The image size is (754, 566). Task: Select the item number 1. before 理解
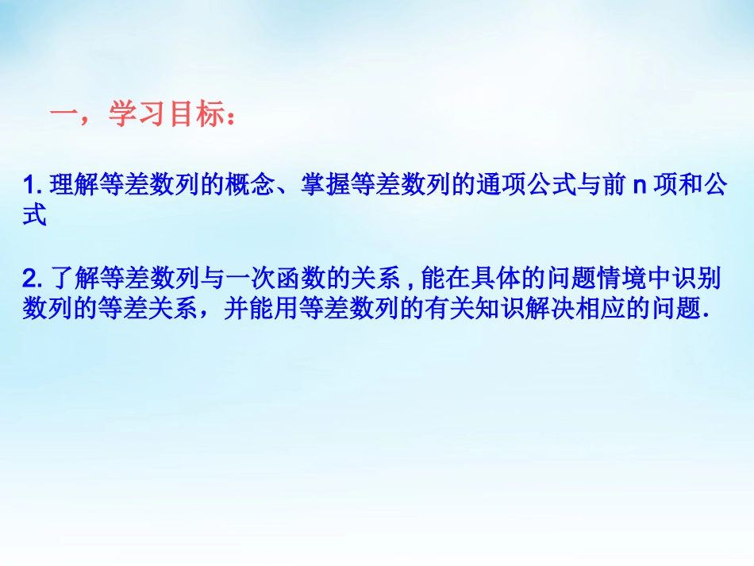click(33, 187)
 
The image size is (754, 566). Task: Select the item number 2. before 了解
click(33, 279)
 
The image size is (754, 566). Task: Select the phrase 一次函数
click(289, 279)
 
